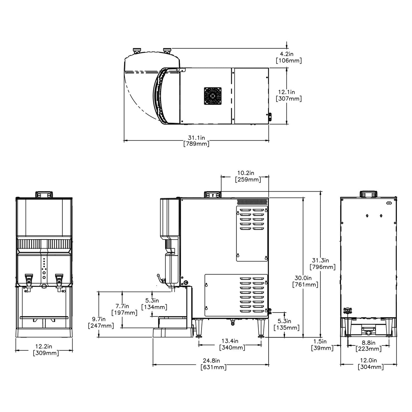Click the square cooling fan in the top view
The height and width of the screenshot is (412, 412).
click(212, 96)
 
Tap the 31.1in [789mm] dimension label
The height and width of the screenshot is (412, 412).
click(196, 141)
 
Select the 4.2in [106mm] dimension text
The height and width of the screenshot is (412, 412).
click(289, 57)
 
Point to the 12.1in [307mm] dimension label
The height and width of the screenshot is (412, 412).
click(289, 95)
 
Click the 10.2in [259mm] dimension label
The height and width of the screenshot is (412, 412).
click(248, 176)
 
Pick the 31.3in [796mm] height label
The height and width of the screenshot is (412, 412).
click(322, 264)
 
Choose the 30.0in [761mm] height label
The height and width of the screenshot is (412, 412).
click(305, 281)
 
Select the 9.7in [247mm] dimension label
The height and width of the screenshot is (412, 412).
click(101, 322)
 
